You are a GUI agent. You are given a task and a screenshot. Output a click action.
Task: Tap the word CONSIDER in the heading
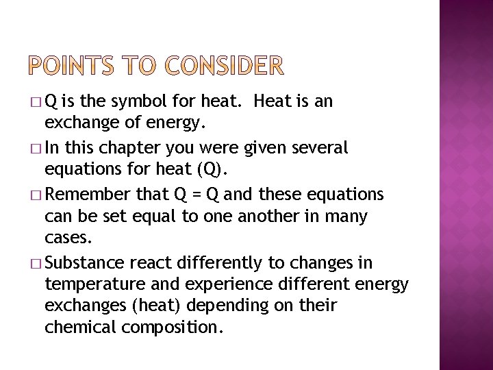223,66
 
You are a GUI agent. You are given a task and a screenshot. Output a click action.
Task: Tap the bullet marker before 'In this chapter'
37,148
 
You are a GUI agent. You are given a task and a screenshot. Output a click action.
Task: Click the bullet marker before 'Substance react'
37,263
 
